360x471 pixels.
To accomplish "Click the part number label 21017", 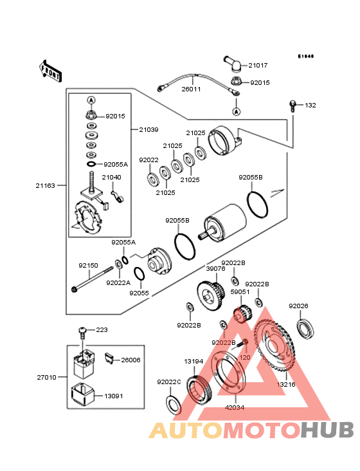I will click(258, 66).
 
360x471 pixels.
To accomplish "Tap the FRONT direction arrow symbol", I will click(51, 70).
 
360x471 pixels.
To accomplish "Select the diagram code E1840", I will click(305, 56).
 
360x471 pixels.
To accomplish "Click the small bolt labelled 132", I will click(293, 105).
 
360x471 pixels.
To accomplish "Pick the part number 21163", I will click(45, 185).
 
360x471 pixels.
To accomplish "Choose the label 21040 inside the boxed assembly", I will click(111, 177).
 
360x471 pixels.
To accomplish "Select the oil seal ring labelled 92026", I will click(306, 328).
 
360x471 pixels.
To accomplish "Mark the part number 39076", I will click(215, 270).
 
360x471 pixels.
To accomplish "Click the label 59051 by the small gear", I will click(240, 291).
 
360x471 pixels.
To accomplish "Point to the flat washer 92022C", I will click(172, 403).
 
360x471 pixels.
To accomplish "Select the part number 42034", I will click(234, 407).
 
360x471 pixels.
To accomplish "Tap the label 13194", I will click(194, 362).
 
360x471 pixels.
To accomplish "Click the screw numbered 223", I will click(83, 331).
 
